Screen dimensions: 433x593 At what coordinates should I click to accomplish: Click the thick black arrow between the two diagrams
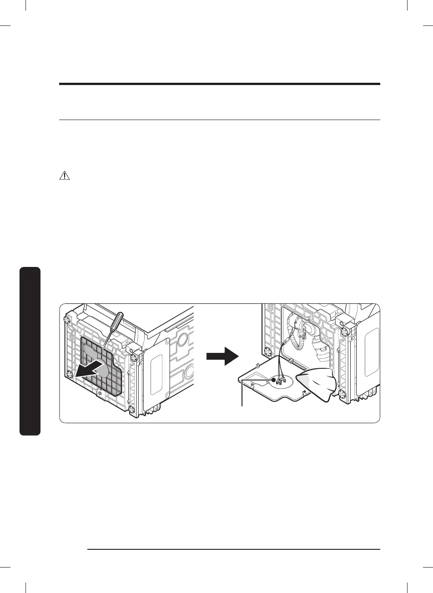pyautogui.click(x=222, y=357)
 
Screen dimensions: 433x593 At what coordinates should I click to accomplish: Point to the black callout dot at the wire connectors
pyautogui.click(x=273, y=379)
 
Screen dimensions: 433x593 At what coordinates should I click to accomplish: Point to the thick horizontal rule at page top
pyautogui.click(x=219, y=84)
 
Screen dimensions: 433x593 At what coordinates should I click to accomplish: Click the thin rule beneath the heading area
pyautogui.click(x=219, y=120)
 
